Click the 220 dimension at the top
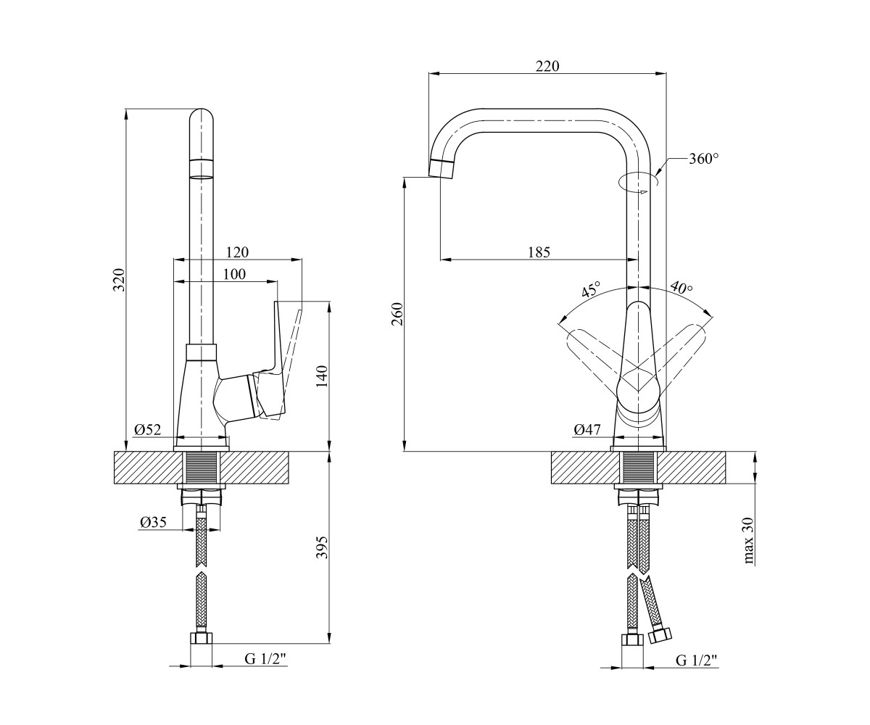click(547, 66)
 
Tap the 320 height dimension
click(120, 280)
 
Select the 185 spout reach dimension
click(539, 252)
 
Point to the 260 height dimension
click(398, 314)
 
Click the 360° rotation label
click(703, 159)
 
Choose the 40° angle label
click(681, 288)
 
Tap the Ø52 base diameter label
click(147, 430)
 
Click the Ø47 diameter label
click(587, 430)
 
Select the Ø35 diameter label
click(153, 522)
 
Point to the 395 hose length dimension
click(323, 547)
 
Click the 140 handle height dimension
click(323, 376)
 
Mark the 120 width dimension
click(237, 252)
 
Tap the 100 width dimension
click(234, 274)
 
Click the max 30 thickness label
click(749, 541)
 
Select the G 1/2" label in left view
click(265, 659)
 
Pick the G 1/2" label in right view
click(697, 660)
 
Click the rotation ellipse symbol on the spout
click(637, 183)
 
